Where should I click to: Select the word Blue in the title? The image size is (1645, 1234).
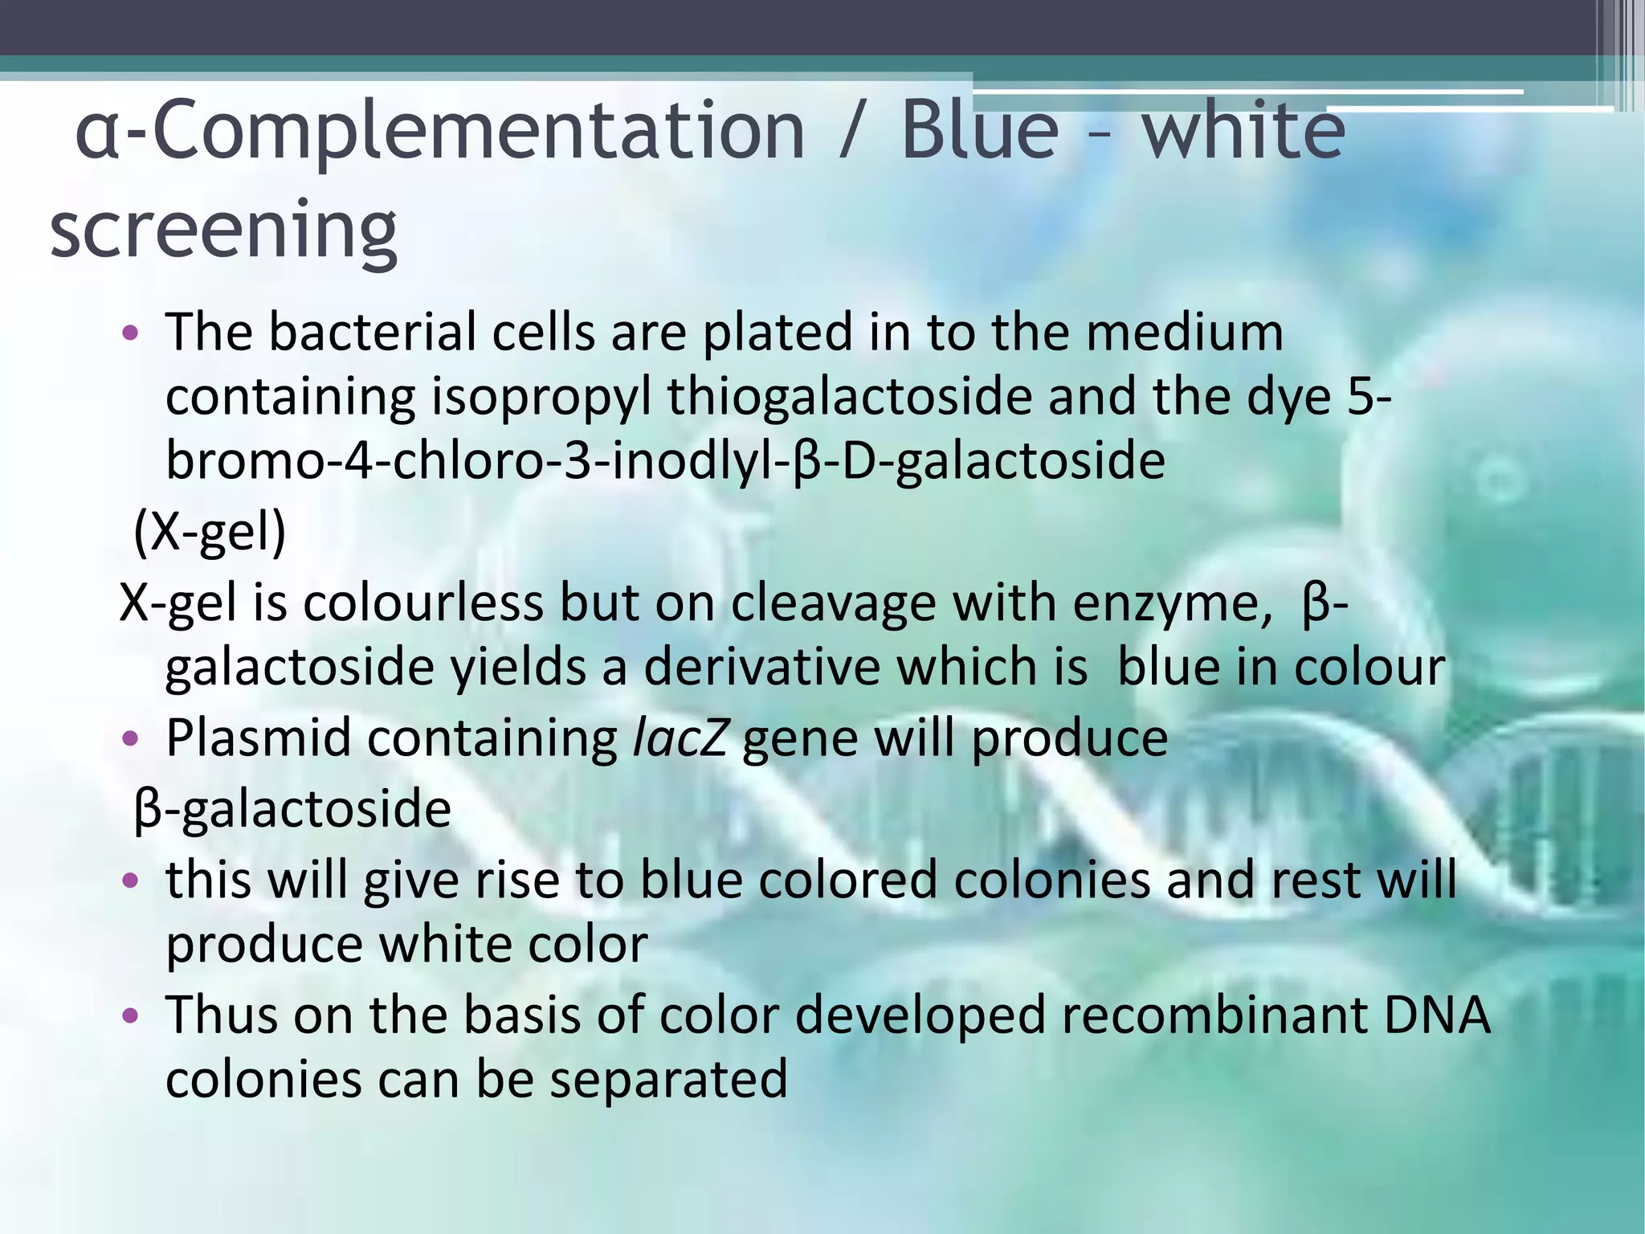[979, 130]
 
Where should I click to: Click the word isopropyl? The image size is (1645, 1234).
[541, 398]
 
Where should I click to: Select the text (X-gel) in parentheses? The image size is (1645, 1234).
[210, 532]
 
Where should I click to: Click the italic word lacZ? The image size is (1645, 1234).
[680, 738]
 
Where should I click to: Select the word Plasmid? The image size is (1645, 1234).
[258, 738]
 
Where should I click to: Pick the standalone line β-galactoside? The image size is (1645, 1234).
[292, 809]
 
